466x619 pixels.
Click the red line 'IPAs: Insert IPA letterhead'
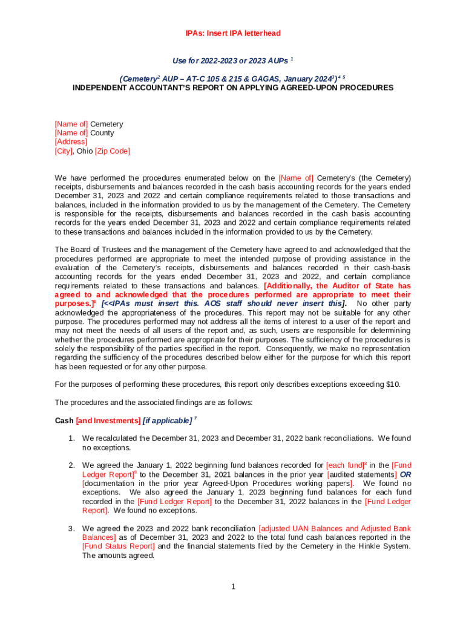click(233, 33)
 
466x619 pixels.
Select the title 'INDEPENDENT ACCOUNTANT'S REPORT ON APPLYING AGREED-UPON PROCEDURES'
click(233, 88)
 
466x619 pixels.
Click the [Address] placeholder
click(71, 142)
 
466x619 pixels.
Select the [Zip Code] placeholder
click(112, 151)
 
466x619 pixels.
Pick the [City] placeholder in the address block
click(64, 151)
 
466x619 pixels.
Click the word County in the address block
click(102, 133)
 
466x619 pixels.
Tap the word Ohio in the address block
click(84, 151)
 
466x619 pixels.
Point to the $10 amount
click(392, 384)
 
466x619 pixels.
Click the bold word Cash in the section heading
click(64, 420)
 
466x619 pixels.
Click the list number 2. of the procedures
click(71, 465)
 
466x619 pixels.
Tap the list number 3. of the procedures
click(71, 529)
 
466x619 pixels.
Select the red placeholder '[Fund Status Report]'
click(118, 546)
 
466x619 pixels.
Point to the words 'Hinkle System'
click(366, 546)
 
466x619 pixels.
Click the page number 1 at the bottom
click(233, 586)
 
